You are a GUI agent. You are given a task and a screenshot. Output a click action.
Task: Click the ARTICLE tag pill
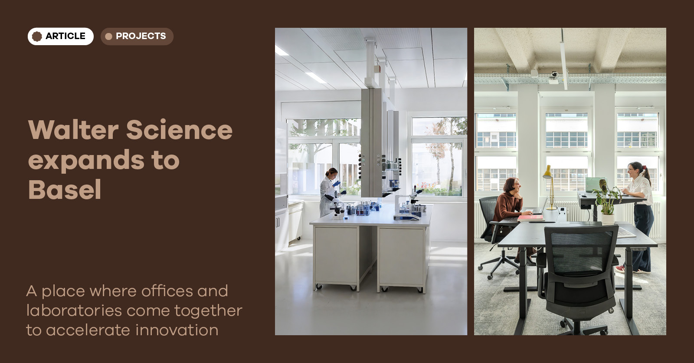pyautogui.click(x=60, y=36)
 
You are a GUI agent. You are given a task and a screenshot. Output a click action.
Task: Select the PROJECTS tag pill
pyautogui.click(x=137, y=36)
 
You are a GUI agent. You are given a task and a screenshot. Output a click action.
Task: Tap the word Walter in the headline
pyautogui.click(x=73, y=129)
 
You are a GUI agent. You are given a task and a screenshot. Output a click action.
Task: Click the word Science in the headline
pyautogui.click(x=180, y=129)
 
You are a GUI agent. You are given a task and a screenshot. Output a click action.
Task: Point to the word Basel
pyautogui.click(x=65, y=189)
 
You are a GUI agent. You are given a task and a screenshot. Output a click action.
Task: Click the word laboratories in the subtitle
pyautogui.click(x=74, y=310)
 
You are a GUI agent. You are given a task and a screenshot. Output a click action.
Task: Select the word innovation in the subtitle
pyautogui.click(x=177, y=330)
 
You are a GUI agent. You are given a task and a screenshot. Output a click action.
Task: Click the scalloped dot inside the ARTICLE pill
pyautogui.click(x=37, y=36)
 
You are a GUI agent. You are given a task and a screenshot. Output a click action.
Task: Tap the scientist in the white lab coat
pyautogui.click(x=329, y=192)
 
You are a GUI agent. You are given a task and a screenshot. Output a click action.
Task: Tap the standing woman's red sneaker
pyautogui.click(x=620, y=269)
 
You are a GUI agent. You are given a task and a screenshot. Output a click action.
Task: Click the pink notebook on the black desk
pyautogui.click(x=530, y=218)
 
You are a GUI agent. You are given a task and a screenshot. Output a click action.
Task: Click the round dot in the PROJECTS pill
pyautogui.click(x=109, y=36)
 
